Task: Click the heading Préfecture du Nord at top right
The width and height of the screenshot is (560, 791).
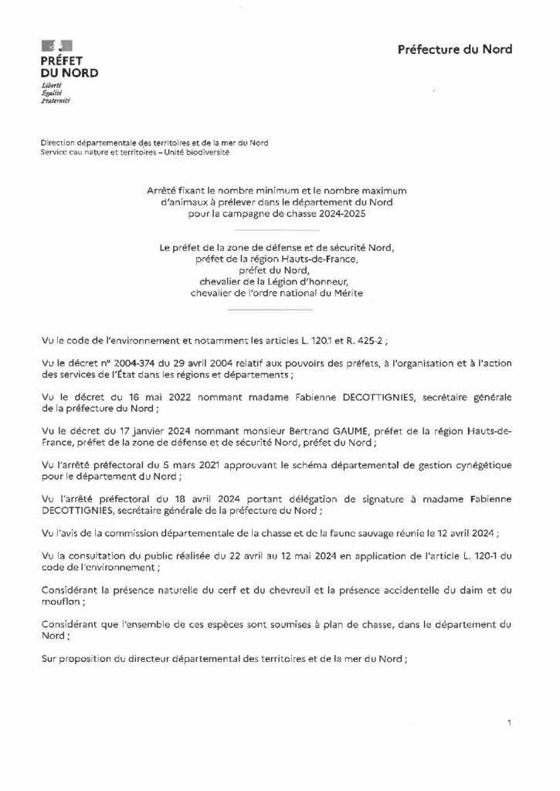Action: [x=454, y=50]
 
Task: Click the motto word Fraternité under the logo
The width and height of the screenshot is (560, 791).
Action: [x=56, y=100]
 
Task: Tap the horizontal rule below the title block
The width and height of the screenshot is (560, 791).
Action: [x=274, y=230]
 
